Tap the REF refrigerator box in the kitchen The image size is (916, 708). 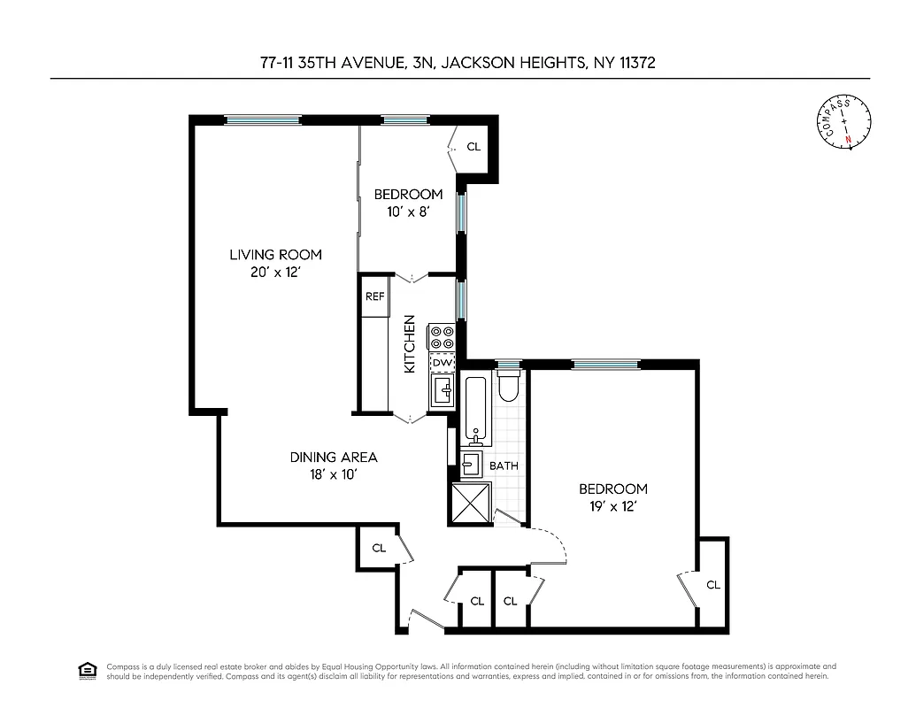click(374, 296)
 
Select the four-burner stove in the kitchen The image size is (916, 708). click(442, 337)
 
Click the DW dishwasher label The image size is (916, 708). click(442, 363)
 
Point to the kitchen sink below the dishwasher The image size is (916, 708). click(442, 390)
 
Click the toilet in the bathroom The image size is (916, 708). click(509, 388)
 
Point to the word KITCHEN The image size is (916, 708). click(410, 343)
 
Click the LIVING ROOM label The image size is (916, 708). click(275, 255)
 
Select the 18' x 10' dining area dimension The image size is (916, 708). click(334, 474)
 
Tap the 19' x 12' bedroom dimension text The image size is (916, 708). click(613, 506)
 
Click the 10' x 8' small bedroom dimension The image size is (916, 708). click(407, 212)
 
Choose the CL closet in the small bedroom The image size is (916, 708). click(473, 146)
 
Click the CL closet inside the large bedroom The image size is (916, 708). click(713, 585)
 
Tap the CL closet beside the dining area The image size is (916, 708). click(379, 548)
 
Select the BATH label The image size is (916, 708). click(504, 466)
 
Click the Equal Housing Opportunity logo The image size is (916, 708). click(88, 670)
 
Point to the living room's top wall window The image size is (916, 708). click(262, 119)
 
